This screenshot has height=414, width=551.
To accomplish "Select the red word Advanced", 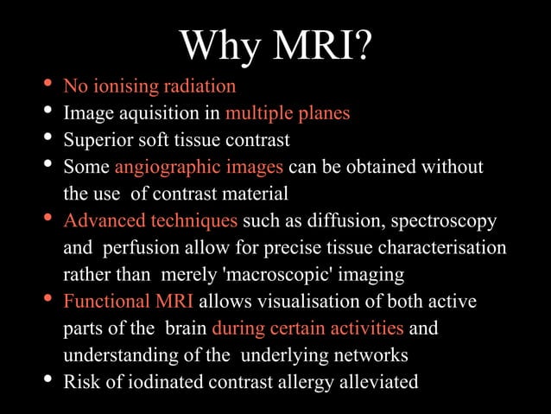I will click(x=98, y=220).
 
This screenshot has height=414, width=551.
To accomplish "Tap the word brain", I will click(x=183, y=329).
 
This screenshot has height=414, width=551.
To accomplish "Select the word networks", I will click(x=372, y=356).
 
